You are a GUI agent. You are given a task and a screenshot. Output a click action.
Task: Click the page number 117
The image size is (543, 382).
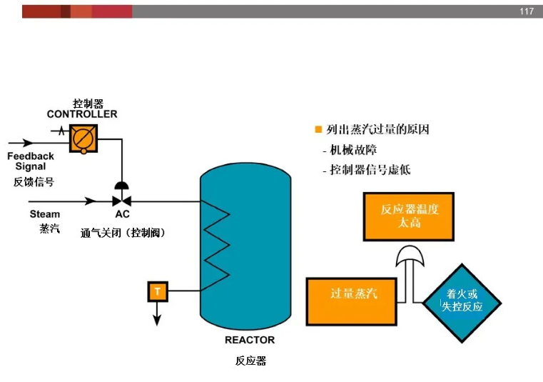527,11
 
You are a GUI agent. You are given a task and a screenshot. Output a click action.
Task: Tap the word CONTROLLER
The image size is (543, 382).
82,114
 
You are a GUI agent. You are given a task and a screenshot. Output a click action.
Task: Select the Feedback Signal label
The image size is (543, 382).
31,161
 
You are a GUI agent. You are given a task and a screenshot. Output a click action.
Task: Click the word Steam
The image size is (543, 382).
45,214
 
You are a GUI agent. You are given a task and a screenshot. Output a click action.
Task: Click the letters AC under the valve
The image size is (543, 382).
122,214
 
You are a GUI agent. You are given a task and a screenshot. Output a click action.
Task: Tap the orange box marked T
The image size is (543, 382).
158,291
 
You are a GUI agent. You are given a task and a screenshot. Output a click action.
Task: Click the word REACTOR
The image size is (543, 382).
250,340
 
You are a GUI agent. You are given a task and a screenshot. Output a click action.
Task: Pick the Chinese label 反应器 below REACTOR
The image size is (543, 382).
250,361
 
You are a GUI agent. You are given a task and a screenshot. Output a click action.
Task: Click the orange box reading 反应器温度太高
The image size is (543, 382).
409,216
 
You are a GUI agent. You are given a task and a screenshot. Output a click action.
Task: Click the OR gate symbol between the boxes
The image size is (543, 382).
410,258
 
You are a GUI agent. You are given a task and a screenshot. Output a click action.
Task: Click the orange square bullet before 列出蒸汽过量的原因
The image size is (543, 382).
318,130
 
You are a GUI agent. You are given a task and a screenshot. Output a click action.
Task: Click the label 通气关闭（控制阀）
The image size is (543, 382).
123,233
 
